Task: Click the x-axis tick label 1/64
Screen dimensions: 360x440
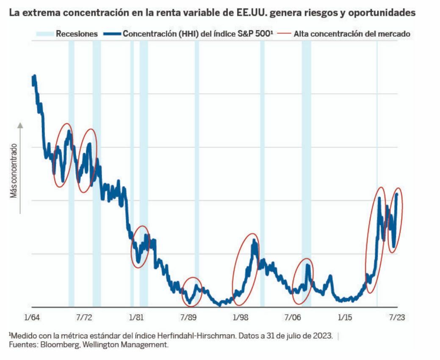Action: point(32,317)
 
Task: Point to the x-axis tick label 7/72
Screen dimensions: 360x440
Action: point(84,317)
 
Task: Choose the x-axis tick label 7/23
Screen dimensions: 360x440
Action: point(397,317)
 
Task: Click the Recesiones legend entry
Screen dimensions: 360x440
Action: point(77,34)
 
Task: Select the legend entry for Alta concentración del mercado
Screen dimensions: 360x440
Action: point(351,34)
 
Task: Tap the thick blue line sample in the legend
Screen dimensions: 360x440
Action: point(111,34)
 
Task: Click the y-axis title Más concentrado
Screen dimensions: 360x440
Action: point(14,171)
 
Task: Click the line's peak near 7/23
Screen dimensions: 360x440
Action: point(397,195)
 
